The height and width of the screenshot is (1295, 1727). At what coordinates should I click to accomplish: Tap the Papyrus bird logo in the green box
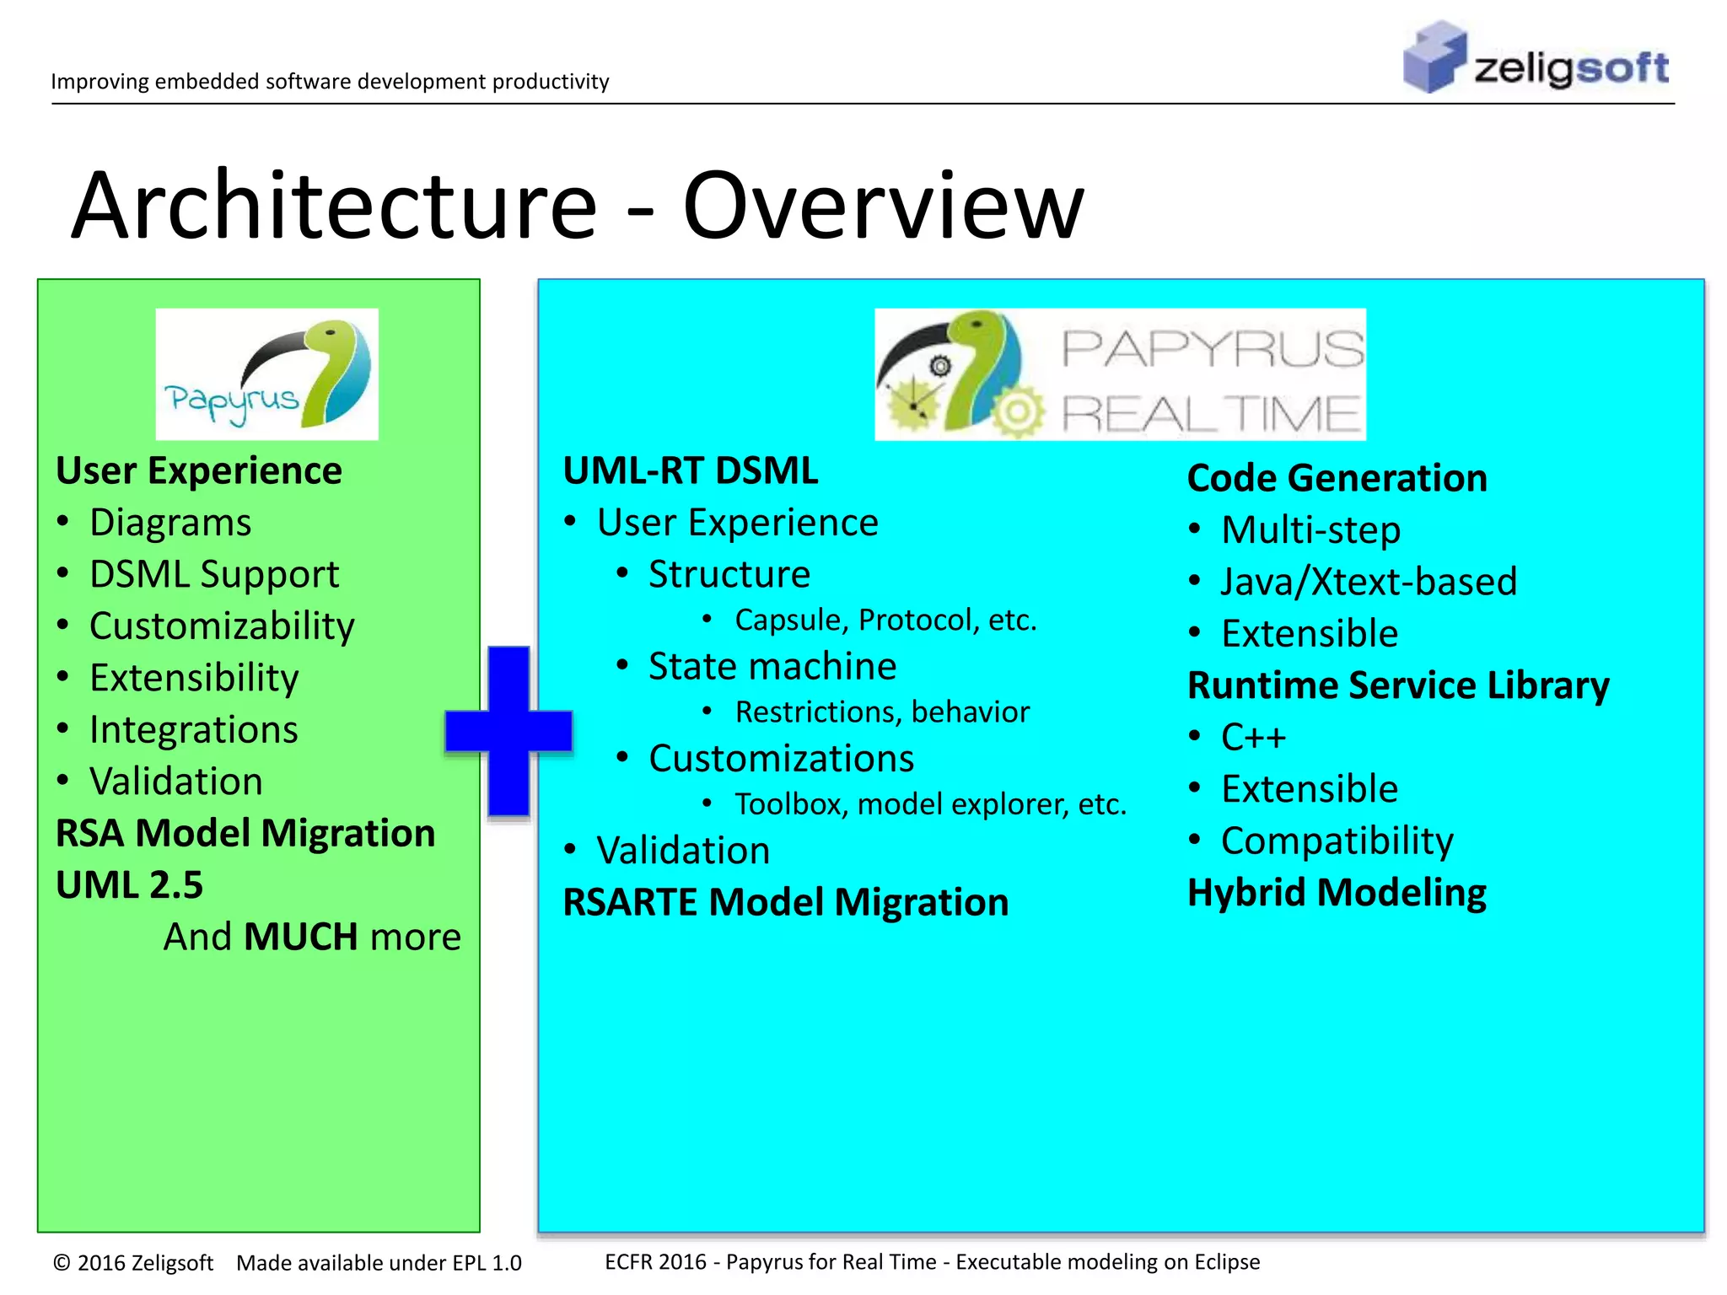click(x=266, y=373)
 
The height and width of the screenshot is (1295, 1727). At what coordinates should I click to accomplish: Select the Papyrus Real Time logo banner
click(x=1120, y=373)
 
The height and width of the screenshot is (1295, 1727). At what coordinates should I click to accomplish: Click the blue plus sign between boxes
click(x=509, y=731)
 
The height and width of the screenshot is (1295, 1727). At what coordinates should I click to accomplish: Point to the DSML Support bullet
click(x=213, y=574)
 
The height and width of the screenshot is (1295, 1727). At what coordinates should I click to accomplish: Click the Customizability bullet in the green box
click(x=221, y=626)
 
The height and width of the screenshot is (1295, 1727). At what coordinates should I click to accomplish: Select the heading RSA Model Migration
click(x=245, y=833)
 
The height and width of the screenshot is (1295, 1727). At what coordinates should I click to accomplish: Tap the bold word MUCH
click(x=300, y=937)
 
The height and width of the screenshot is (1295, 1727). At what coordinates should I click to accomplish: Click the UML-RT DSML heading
click(x=690, y=470)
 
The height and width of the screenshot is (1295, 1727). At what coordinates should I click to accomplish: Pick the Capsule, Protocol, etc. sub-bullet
click(x=885, y=620)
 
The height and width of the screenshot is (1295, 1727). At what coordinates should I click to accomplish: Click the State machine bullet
click(x=772, y=666)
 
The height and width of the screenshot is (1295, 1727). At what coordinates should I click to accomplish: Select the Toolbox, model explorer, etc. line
click(x=929, y=803)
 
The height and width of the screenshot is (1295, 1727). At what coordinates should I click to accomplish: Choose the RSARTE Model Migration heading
click(x=785, y=902)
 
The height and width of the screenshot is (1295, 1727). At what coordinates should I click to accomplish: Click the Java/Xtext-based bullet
click(x=1368, y=582)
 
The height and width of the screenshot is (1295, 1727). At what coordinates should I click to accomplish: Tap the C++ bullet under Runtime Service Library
click(x=1253, y=737)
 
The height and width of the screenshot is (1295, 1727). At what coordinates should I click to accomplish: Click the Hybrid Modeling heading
click(x=1336, y=892)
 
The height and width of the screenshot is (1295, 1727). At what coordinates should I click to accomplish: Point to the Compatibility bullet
click(x=1337, y=841)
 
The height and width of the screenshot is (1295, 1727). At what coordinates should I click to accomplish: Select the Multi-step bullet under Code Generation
click(x=1310, y=530)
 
